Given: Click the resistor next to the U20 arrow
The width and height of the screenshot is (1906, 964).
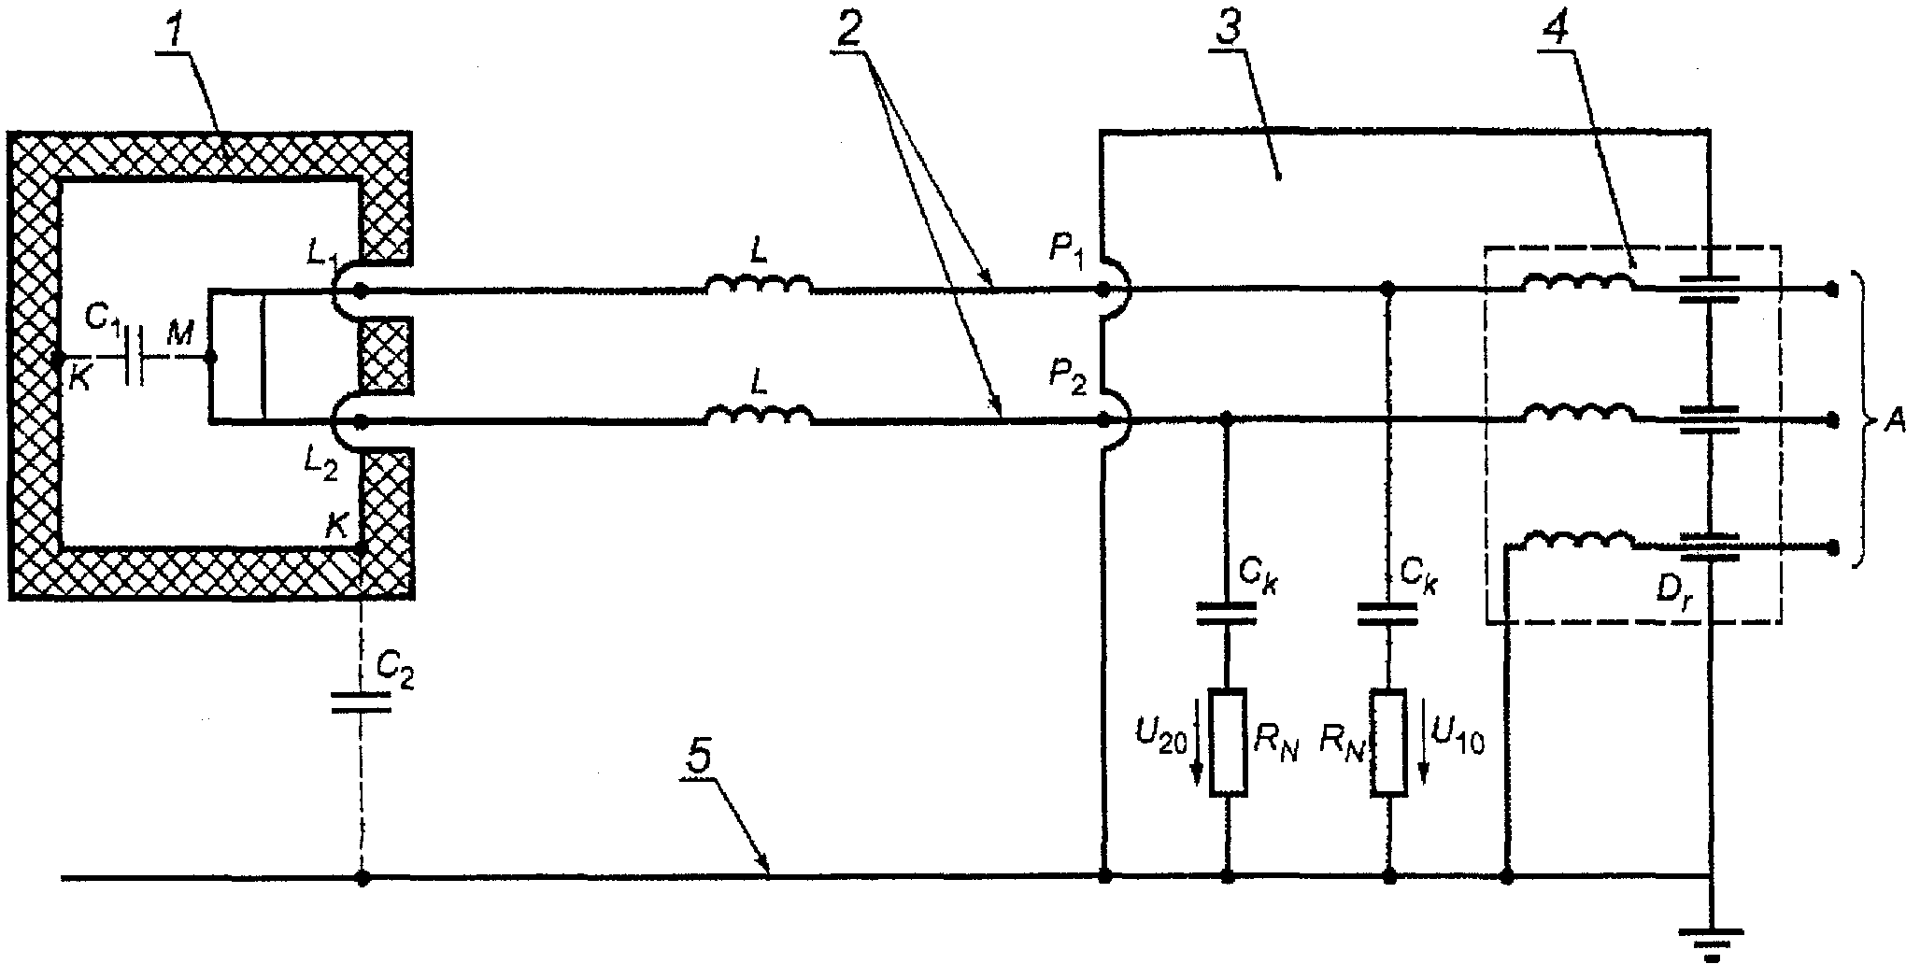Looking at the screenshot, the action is (1228, 743).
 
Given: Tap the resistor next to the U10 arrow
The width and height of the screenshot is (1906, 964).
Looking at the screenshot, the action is (1389, 743).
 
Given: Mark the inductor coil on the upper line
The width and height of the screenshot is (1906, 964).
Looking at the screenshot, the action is (758, 282).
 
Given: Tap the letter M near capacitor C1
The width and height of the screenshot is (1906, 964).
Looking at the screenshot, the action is (179, 333).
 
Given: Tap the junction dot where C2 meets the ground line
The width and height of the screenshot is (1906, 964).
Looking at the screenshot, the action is (363, 878).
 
